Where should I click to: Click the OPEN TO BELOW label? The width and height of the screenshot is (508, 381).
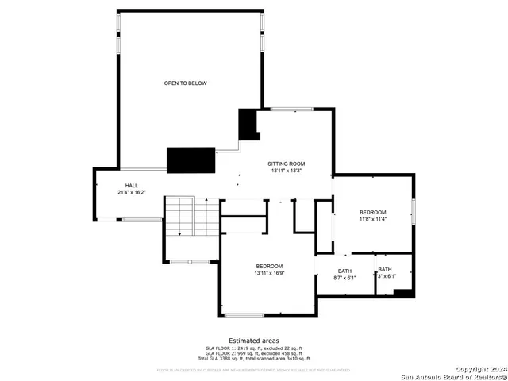pyautogui.click(x=186, y=83)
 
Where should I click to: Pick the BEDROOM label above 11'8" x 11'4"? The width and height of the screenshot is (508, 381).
pyautogui.click(x=372, y=212)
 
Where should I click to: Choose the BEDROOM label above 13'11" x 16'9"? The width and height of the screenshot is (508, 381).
pyautogui.click(x=269, y=266)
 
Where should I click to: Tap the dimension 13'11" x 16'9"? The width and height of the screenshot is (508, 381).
pyautogui.click(x=269, y=273)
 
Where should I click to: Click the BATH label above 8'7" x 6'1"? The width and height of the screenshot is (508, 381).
pyautogui.click(x=344, y=271)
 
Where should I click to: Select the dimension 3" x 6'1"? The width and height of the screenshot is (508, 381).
pyautogui.click(x=384, y=278)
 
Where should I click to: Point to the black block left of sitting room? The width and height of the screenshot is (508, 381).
pyautogui.click(x=248, y=124)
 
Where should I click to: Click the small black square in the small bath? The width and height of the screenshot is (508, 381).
pyautogui.click(x=403, y=293)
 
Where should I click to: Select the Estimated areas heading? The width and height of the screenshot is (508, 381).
pyautogui.click(x=253, y=340)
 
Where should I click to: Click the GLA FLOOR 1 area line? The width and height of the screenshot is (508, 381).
pyautogui.click(x=253, y=348)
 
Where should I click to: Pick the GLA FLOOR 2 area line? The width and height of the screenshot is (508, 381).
pyautogui.click(x=253, y=354)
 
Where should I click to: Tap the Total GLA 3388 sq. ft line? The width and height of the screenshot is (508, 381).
pyautogui.click(x=253, y=360)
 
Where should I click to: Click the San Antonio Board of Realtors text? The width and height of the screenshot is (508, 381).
pyautogui.click(x=452, y=376)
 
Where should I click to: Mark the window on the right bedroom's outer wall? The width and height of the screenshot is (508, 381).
pyautogui.click(x=413, y=211)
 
